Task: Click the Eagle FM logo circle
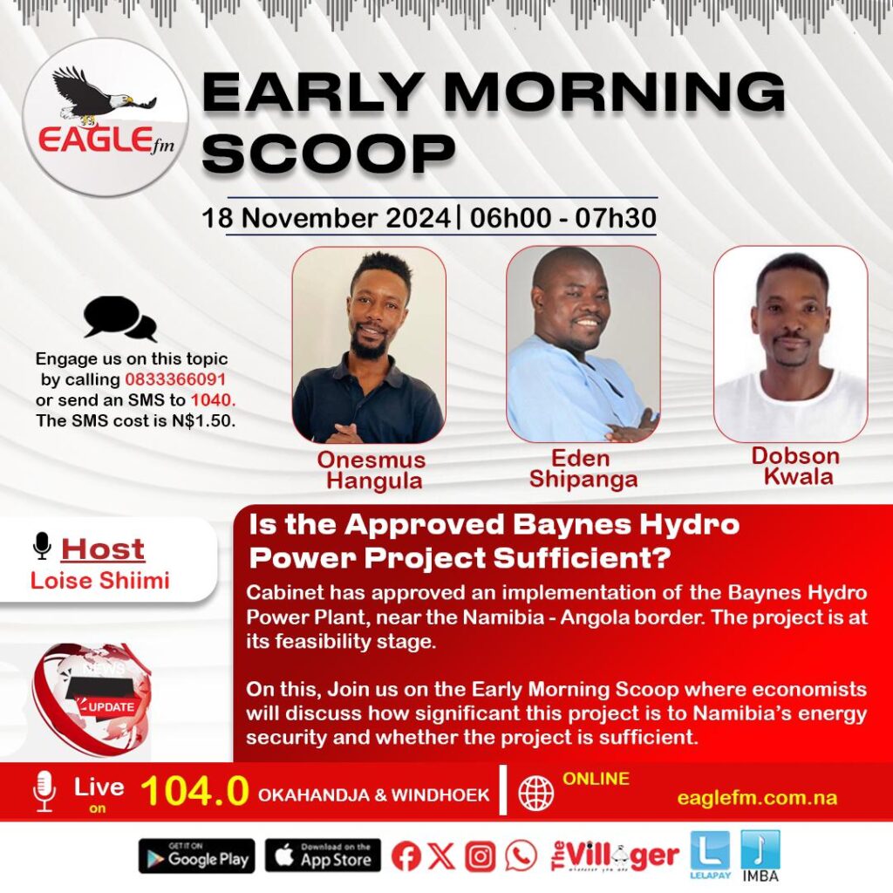tap(106, 118)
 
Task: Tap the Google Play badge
tap(196, 856)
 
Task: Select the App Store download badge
tap(323, 856)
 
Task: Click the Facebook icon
tap(406, 856)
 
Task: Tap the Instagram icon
tap(481, 856)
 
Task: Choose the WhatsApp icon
tap(521, 856)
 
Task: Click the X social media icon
tap(442, 856)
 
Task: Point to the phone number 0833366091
tap(175, 379)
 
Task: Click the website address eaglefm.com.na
tap(757, 798)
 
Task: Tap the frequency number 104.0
tap(194, 791)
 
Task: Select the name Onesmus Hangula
tap(373, 470)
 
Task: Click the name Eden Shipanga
tap(583, 468)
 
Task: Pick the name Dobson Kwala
tap(796, 466)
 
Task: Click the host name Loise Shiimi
tap(100, 580)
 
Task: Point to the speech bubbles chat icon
tap(119, 319)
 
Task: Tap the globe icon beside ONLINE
tap(536, 793)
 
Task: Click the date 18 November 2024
tap(326, 218)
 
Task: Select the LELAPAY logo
tap(710, 855)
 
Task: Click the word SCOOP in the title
tap(329, 153)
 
